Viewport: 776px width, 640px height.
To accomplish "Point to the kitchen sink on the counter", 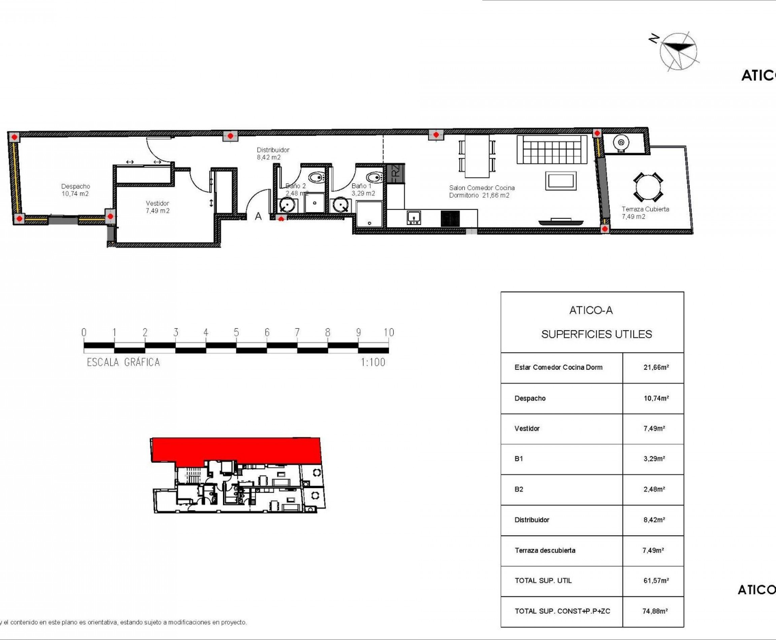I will [414, 218].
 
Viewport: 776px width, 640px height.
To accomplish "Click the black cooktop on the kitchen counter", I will [450, 218].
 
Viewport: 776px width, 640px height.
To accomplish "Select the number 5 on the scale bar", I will [236, 332].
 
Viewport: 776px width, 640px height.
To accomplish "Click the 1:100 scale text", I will [373, 362].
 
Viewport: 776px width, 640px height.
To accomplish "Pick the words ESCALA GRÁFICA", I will [124, 362].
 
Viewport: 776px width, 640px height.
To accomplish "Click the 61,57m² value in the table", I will [656, 581].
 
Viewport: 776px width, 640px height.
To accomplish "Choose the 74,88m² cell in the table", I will [655, 611].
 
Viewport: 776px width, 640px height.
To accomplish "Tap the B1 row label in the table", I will [519, 459].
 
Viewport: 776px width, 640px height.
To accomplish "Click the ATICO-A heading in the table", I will [591, 311].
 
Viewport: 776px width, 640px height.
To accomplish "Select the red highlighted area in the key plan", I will [236, 449].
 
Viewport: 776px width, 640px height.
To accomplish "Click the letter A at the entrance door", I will [258, 216].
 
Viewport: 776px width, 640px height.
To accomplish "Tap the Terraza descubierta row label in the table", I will [545, 550].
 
